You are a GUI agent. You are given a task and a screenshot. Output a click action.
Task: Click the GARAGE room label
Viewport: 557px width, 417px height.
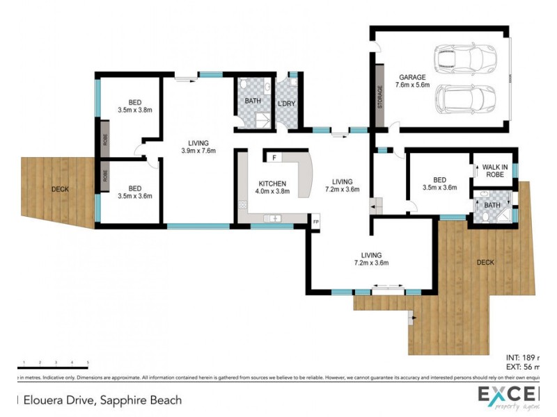click(412, 77)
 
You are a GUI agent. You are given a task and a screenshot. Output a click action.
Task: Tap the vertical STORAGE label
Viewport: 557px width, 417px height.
click(380, 96)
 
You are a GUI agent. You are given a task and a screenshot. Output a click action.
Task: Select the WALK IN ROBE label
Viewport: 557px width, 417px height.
click(495, 170)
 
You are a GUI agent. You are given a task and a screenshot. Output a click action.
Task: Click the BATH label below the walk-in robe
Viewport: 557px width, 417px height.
click(492, 205)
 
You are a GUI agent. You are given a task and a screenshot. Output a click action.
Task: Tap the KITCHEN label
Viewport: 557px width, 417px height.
click(272, 183)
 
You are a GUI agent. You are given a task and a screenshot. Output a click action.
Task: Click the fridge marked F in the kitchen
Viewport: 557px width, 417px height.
click(275, 158)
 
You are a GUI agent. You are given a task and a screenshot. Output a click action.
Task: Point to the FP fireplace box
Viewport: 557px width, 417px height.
click(315, 222)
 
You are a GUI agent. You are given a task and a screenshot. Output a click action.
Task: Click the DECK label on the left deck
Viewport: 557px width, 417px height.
click(60, 188)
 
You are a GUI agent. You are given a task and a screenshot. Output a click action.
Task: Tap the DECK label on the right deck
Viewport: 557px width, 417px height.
click(486, 262)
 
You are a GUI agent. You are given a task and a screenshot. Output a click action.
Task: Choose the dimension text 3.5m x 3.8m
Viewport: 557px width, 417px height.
click(134, 109)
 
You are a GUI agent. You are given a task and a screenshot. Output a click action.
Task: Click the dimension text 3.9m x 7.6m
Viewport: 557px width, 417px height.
click(198, 150)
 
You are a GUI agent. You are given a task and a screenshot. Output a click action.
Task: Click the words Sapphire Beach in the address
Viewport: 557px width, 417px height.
click(141, 400)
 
